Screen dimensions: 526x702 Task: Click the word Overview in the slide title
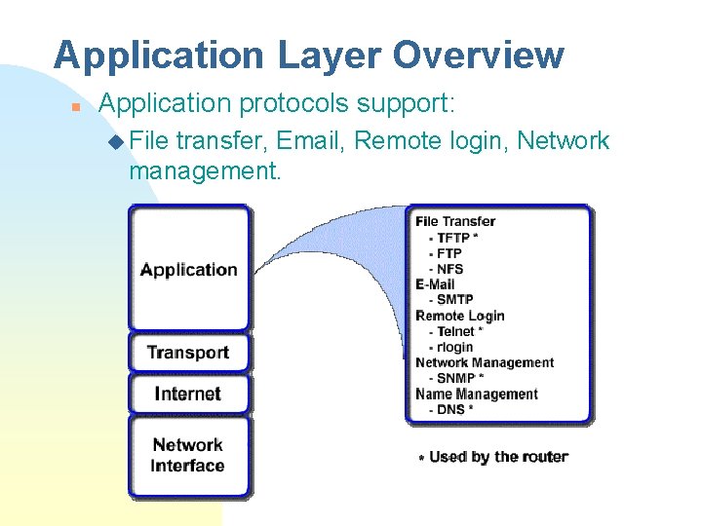click(x=478, y=56)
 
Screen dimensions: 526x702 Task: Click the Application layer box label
click(x=188, y=270)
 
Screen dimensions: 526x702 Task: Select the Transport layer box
click(x=188, y=353)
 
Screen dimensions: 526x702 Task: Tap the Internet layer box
click(x=188, y=394)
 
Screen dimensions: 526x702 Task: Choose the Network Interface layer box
click(x=188, y=455)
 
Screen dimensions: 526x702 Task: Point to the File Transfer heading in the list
click(x=455, y=221)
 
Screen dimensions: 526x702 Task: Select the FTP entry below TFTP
click(x=448, y=253)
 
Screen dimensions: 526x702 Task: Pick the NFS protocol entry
click(x=449, y=269)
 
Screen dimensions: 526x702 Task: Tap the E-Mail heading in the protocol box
click(x=435, y=284)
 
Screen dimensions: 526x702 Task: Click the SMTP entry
click(x=454, y=300)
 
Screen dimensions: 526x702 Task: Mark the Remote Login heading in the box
click(x=460, y=316)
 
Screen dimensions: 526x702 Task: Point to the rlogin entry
click(x=454, y=347)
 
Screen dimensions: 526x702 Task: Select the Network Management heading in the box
click(x=485, y=362)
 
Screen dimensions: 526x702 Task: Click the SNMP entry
click(x=458, y=378)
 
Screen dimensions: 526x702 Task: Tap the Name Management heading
click(x=477, y=394)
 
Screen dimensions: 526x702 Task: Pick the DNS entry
click(x=450, y=409)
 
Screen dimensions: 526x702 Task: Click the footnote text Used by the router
click(x=498, y=456)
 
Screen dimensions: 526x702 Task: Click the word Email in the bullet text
click(x=310, y=141)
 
